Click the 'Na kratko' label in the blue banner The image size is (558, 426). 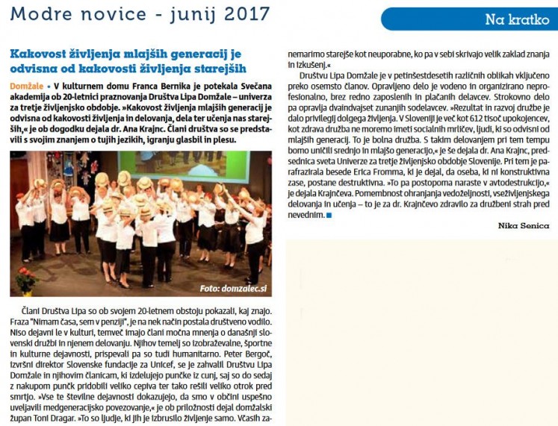pyautogui.click(x=517, y=19)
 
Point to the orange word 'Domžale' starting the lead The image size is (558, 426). pyautogui.click(x=27, y=87)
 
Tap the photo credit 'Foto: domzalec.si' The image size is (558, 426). pyautogui.click(x=234, y=288)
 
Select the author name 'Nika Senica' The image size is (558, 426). pyautogui.click(x=524, y=226)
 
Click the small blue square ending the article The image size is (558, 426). pyautogui.click(x=329, y=215)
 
